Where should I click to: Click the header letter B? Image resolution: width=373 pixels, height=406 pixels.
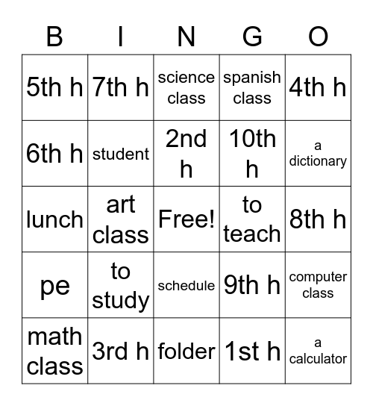[54, 36]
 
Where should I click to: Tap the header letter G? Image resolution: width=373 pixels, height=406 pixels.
[252, 36]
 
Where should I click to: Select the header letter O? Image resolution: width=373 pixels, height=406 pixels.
[318, 36]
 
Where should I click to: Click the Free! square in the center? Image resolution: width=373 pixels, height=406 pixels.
[186, 219]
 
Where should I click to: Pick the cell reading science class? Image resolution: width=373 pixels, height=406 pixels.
[186, 87]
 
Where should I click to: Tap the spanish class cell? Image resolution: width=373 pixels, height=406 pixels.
[252, 87]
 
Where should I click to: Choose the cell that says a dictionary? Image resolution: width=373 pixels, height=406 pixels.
[318, 154]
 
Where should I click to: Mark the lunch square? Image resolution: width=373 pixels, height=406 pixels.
[54, 219]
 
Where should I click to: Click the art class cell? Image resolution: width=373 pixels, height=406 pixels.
[121, 219]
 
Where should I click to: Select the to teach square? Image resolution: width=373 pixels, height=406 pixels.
[252, 219]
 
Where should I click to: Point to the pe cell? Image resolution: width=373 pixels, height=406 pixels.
[54, 285]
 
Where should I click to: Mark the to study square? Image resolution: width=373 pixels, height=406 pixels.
[121, 285]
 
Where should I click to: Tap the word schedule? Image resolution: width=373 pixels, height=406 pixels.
[186, 285]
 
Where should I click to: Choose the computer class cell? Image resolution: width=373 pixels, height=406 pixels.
[318, 285]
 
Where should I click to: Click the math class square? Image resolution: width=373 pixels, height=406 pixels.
[54, 351]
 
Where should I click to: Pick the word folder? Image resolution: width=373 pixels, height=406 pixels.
[186, 351]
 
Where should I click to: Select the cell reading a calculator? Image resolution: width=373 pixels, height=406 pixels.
[318, 351]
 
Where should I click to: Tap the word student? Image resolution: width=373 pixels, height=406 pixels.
[121, 154]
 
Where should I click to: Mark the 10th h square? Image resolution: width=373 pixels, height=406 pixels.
[252, 154]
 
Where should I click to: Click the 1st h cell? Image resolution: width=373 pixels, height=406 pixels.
[252, 351]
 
